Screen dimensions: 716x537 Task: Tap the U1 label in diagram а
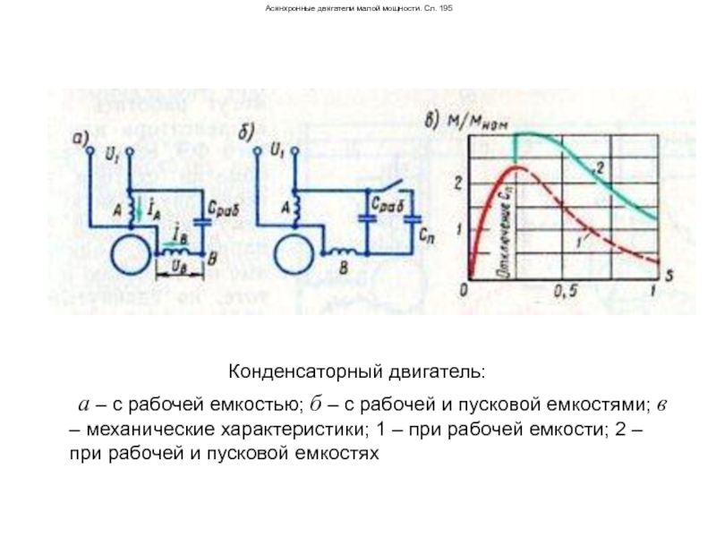[x=111, y=156]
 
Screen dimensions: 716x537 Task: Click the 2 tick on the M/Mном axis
[x=459, y=183]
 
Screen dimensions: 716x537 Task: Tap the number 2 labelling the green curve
[x=601, y=168]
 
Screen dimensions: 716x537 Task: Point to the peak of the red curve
[x=515, y=166]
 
